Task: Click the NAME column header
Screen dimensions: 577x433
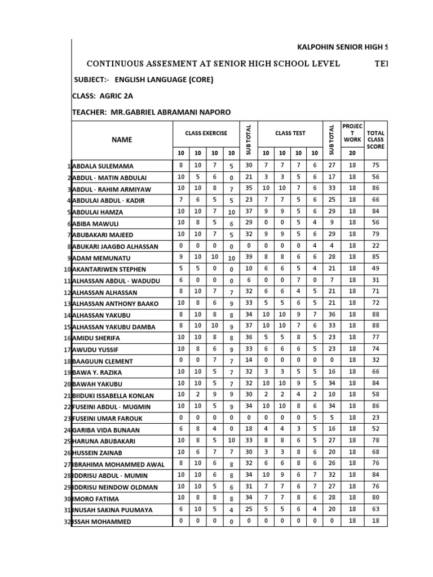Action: (121, 139)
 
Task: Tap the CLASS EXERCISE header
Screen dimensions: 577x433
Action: (206, 134)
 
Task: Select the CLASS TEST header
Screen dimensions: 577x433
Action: (290, 134)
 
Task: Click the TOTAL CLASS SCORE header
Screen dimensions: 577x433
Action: (375, 140)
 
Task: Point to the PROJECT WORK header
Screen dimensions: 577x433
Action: (352, 134)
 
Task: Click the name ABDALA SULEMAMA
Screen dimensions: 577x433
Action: (103, 166)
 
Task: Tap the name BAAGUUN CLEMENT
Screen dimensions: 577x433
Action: (103, 361)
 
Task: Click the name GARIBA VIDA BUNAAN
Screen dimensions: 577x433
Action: (109, 430)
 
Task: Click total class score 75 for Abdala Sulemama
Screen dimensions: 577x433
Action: (375, 166)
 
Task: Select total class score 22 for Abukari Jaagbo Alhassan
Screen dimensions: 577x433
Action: (375, 246)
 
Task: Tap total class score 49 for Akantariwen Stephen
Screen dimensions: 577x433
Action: (375, 269)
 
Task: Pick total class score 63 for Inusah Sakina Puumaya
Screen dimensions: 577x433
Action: (375, 509)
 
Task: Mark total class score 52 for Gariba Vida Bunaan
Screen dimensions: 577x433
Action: (375, 429)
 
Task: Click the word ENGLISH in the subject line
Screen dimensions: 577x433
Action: (130, 79)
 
